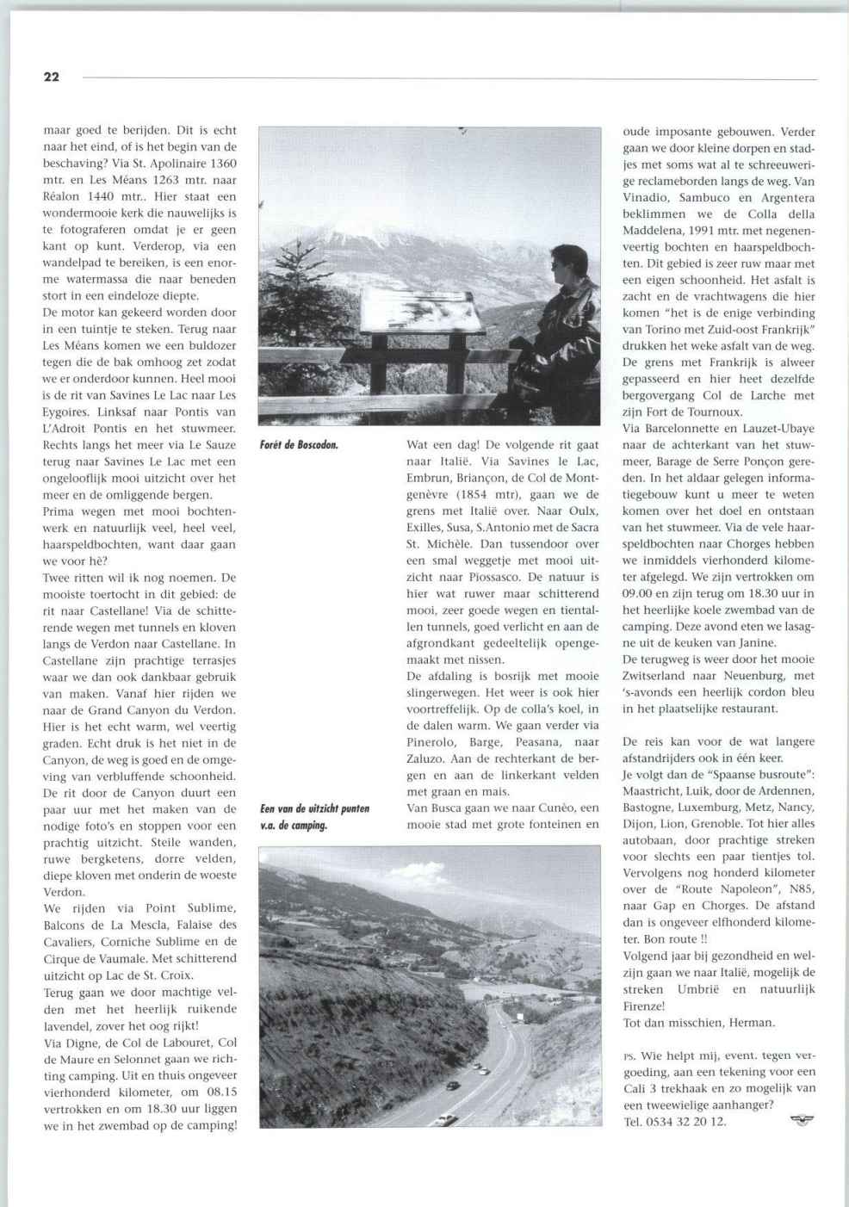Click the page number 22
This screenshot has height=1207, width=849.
pos(52,77)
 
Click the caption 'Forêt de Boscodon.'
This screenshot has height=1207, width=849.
pos(299,445)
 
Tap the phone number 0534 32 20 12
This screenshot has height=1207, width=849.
pos(687,1121)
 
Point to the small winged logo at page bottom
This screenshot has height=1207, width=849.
pos(802,1120)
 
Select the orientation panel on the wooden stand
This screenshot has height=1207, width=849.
pos(422,311)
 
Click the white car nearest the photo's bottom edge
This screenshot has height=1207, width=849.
pos(446,1119)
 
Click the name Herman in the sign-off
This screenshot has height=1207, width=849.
pos(752,1023)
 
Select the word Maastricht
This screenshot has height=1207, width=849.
pos(657,790)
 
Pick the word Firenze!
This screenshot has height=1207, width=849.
pos(645,1006)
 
